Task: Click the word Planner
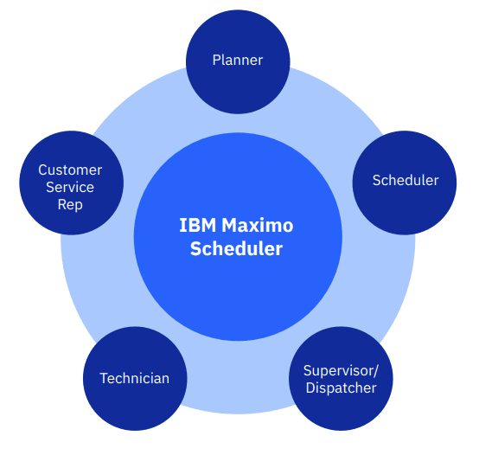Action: coord(238,61)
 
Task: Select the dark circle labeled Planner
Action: coord(238,61)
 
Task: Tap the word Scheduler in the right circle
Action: coord(406,180)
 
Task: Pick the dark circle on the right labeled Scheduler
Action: coord(405,183)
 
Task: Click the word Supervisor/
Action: coord(341,371)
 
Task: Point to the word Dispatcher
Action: coord(341,388)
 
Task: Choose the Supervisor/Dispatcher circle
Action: coord(341,379)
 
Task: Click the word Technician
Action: coord(134,378)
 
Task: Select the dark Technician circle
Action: coord(135,379)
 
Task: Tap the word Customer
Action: coord(70,170)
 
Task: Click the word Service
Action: coord(70,187)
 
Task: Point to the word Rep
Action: coord(70,204)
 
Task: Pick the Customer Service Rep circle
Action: coord(72,183)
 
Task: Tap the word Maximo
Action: coord(257,225)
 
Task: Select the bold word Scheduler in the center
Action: coord(236,248)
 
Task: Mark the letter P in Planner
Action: coord(217,61)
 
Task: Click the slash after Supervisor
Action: coord(376,371)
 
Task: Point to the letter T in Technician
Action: coord(104,378)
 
